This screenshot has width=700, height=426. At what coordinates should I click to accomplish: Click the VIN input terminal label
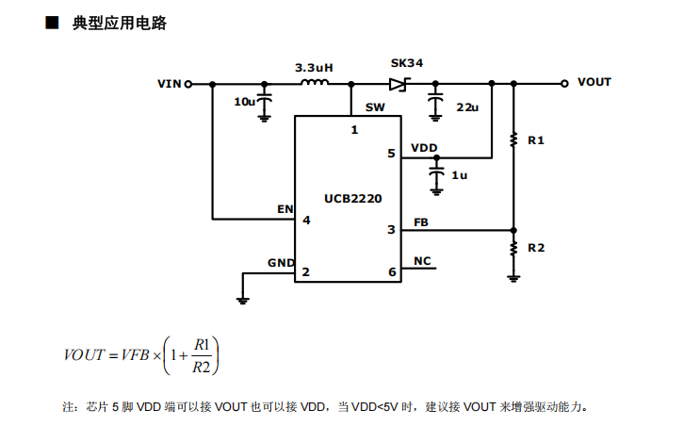(169, 83)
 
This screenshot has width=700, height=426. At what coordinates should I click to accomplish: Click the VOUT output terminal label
(594, 82)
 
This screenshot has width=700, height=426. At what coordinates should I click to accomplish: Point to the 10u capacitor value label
(244, 101)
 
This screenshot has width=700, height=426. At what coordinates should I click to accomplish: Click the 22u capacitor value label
(467, 107)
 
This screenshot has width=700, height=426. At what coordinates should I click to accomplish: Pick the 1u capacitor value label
(459, 175)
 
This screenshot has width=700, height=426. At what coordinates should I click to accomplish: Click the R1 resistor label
(536, 139)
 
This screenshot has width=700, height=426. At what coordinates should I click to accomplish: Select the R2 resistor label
(536, 248)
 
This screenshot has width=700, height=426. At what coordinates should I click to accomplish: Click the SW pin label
(374, 108)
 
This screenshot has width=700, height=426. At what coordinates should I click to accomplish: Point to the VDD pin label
(424, 148)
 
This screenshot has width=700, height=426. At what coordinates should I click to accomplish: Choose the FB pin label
(420, 222)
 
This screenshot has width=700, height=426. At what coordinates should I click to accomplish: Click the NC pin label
(422, 261)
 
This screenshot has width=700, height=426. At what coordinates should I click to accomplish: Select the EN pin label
(285, 208)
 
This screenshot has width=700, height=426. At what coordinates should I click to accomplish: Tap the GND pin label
(281, 262)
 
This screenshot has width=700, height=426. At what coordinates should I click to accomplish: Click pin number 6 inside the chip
(392, 273)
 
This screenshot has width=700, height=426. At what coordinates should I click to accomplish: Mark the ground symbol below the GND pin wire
(243, 299)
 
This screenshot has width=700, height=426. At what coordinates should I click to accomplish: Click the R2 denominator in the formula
(200, 368)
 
